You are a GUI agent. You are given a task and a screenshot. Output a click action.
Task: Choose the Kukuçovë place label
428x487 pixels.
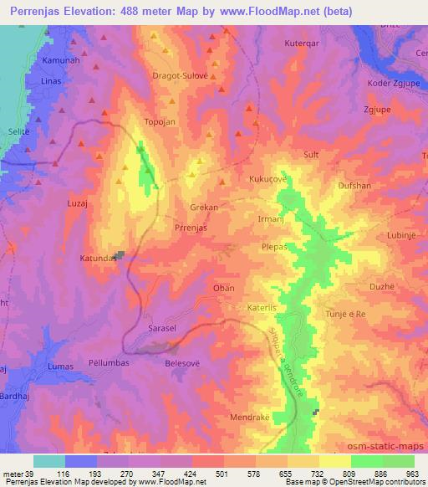(267, 179)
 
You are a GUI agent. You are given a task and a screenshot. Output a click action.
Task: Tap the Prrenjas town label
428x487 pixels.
(191, 227)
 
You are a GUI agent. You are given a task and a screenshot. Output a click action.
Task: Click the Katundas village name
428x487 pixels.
(98, 259)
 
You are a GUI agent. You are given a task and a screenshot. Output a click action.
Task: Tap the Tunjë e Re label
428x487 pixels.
(346, 314)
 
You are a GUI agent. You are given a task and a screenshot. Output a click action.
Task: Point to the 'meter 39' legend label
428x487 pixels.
(17, 473)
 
